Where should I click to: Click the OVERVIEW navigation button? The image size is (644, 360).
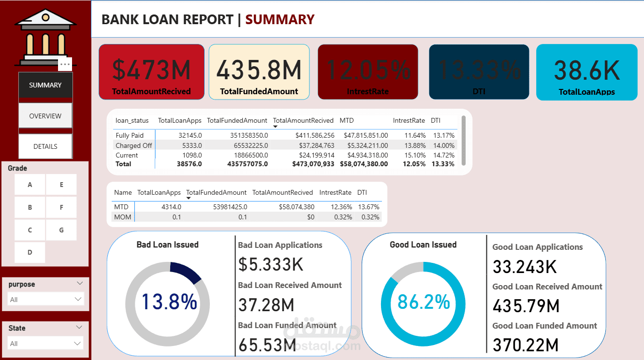click(45, 116)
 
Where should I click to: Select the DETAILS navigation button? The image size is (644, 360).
click(45, 146)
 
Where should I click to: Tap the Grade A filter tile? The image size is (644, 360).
click(30, 185)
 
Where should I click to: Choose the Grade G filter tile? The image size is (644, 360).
click(61, 230)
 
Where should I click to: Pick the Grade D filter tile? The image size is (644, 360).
click(30, 252)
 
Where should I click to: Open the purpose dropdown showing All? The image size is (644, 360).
click(46, 300)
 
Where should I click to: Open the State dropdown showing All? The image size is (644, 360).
click(46, 344)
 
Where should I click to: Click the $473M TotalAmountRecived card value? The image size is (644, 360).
click(151, 70)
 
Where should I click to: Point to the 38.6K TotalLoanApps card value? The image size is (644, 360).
click(586, 70)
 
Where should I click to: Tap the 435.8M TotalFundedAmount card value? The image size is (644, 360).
click(259, 70)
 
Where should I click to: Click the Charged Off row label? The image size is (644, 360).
click(134, 145)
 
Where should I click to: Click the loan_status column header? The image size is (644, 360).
click(132, 120)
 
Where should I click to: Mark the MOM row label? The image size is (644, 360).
click(122, 217)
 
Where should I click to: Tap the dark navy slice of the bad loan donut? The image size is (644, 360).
click(187, 272)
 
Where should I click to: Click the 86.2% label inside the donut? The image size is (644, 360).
click(424, 302)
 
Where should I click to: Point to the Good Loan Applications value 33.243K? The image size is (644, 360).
click(525, 267)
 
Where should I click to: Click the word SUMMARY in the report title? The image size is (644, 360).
click(280, 19)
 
